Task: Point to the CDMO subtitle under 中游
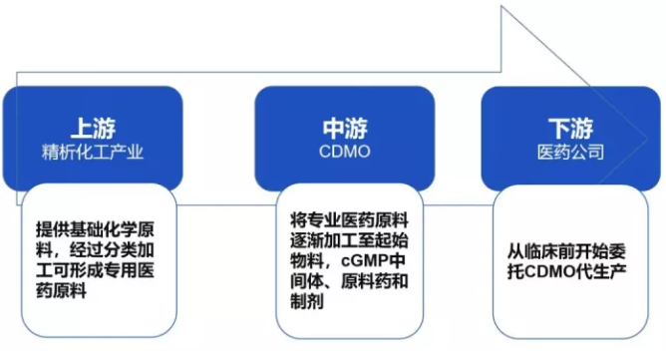click(x=343, y=153)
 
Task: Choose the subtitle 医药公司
click(x=570, y=153)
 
